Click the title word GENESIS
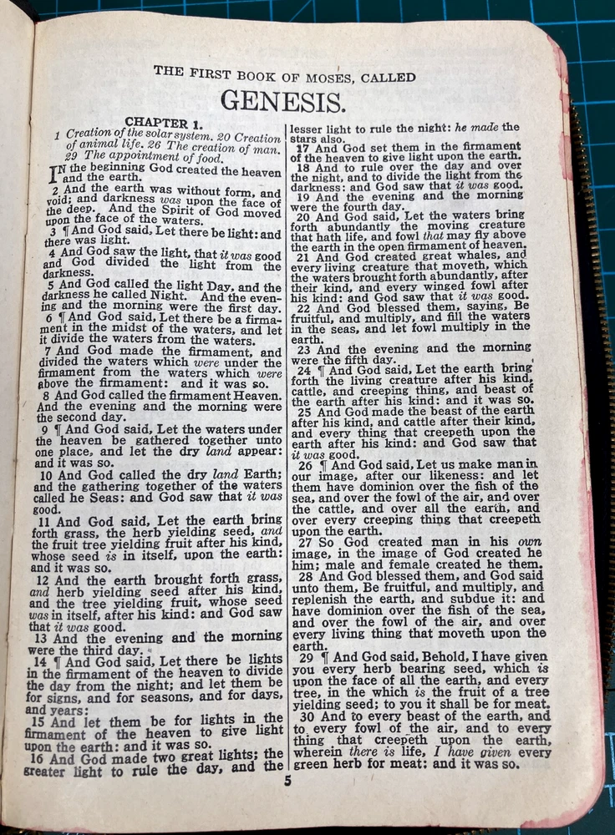pyautogui.click(x=282, y=101)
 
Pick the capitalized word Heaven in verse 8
pyautogui.click(x=258, y=393)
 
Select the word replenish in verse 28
pyautogui.click(x=322, y=599)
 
